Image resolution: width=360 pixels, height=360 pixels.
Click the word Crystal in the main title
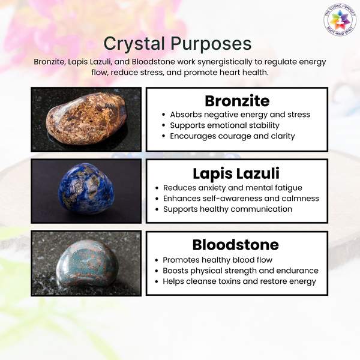134,44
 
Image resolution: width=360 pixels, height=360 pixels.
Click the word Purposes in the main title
211,44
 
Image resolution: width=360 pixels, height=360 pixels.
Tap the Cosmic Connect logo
340,20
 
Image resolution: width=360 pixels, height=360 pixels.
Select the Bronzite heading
237,101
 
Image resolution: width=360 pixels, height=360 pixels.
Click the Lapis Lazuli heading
236,173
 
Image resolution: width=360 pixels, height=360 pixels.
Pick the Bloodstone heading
236,245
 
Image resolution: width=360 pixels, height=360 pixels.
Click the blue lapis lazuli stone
86,188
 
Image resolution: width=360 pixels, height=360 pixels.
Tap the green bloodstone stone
87,264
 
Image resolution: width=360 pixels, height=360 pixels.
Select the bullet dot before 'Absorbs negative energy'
163,115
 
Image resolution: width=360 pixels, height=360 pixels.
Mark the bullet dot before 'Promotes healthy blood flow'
157,260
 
